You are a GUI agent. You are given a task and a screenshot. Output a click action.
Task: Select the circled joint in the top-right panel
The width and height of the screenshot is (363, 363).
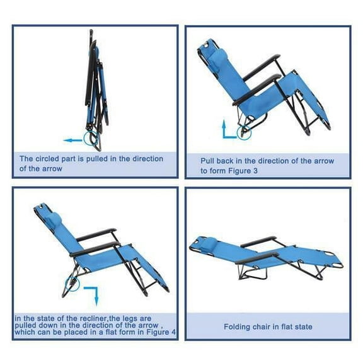click(243, 130)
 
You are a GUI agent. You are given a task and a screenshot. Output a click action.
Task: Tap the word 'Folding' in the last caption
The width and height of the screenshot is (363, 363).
click(238, 326)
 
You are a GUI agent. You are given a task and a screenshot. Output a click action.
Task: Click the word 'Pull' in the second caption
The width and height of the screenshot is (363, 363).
click(209, 161)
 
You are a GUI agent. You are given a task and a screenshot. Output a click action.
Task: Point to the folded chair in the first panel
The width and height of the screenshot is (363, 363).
click(95, 88)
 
